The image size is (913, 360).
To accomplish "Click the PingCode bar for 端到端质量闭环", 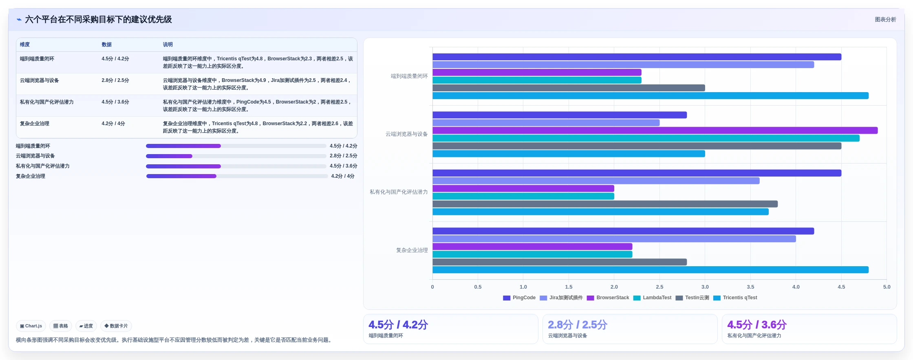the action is [x=637, y=57].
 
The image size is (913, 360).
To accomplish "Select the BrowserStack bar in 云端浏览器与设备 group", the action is [x=655, y=130].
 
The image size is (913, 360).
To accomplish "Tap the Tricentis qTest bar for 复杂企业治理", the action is [x=651, y=270].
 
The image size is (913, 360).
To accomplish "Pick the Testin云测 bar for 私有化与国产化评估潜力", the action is [x=605, y=204].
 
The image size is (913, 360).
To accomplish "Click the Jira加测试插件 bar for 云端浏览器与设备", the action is [x=546, y=123].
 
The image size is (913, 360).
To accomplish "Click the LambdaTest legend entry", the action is [x=652, y=298].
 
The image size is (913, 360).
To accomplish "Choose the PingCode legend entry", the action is [x=519, y=298].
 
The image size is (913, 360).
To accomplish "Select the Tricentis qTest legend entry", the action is [x=735, y=298].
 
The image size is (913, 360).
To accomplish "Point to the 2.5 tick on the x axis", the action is [x=659, y=287].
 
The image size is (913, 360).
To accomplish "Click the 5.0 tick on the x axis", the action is [x=887, y=287].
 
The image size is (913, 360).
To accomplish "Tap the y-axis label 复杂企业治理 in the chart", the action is [x=412, y=250].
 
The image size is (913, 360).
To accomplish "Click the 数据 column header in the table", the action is [x=106, y=44].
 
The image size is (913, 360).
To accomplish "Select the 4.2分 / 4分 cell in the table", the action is [x=113, y=124].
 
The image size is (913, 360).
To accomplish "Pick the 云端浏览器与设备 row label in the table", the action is [x=39, y=80].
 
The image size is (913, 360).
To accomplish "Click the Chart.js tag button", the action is [x=31, y=326].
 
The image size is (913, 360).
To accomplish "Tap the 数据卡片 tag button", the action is [x=116, y=326].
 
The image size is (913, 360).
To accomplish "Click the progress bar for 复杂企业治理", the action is [x=237, y=176].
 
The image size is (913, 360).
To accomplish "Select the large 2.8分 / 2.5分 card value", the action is [x=578, y=325].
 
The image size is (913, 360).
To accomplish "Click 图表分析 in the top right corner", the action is [x=885, y=20].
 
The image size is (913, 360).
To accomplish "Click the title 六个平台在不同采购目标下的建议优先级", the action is [x=98, y=20].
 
